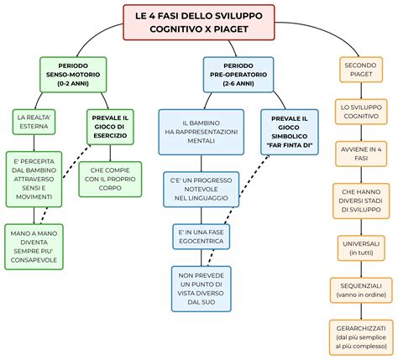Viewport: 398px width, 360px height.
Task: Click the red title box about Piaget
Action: point(198,21)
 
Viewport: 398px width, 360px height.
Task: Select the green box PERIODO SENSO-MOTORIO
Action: point(73,75)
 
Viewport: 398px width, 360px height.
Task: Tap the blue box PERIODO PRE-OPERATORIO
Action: point(238,75)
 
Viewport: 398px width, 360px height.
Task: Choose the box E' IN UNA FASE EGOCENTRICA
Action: point(201,234)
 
